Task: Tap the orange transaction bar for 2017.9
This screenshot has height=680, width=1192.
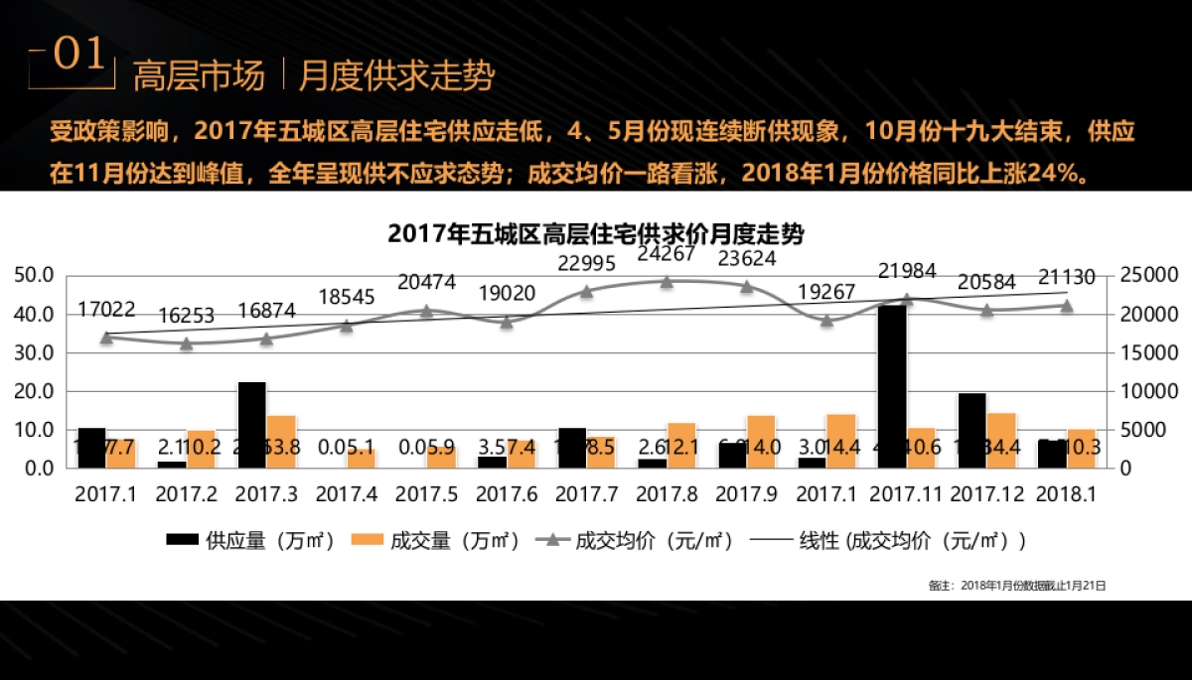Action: pos(761,442)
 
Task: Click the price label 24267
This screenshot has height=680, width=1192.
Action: pos(667,254)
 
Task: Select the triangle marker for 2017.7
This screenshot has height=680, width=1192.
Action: pos(586,291)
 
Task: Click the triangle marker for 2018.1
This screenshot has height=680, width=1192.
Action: pos(1067,306)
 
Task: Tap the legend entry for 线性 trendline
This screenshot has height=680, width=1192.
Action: pos(889,541)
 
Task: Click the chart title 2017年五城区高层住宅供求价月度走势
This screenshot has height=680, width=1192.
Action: pos(596,234)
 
